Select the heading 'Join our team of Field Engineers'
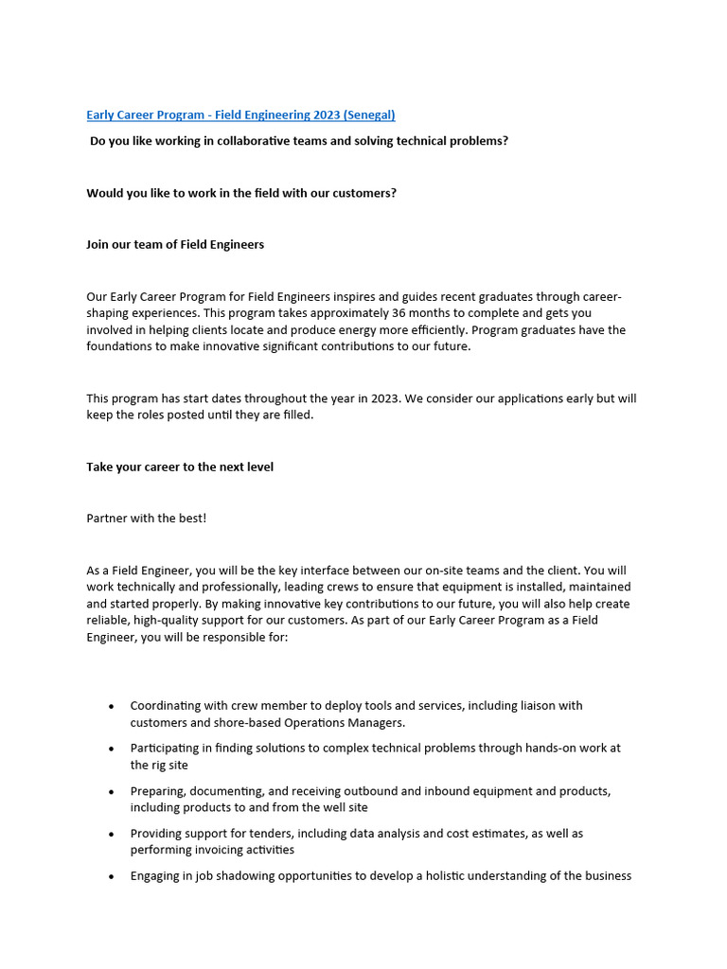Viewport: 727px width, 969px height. click(175, 244)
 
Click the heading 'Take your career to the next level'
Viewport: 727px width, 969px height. click(180, 467)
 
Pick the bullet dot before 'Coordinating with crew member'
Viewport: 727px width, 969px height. click(112, 706)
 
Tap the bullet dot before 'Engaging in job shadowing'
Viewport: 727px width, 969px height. click(112, 876)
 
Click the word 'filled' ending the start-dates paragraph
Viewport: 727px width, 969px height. click(294, 415)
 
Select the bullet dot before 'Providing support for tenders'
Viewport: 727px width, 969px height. click(112, 834)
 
